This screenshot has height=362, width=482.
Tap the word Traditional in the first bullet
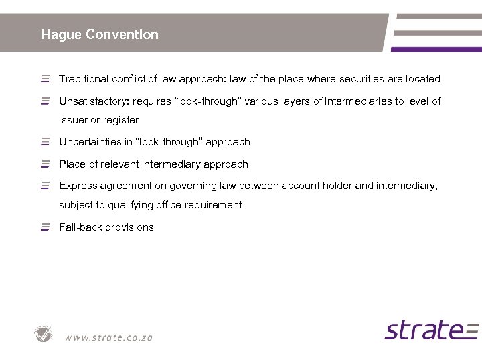click(84, 79)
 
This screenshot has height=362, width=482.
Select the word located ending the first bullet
click(423, 79)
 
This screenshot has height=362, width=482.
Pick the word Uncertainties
click(90, 142)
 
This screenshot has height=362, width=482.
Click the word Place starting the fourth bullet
click(72, 164)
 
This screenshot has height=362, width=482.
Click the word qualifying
click(126, 205)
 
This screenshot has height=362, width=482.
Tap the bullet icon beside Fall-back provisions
click(45, 227)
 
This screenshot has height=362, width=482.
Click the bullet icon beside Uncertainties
click(45, 142)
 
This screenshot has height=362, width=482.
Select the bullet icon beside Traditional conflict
click(45, 79)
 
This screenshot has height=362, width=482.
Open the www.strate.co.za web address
click(108, 337)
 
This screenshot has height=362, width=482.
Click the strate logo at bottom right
click(431, 330)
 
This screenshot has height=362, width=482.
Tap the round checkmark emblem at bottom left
click(44, 334)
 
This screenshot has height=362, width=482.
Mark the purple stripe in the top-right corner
click(436, 49)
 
